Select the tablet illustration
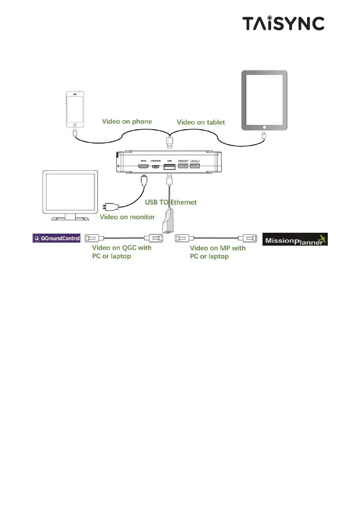point(264,100)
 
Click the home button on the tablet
point(264,127)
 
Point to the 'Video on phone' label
point(126,122)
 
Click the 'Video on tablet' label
point(201,122)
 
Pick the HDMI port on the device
point(143,167)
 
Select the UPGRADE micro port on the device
point(155,167)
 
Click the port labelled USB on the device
point(169,167)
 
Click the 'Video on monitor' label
point(127,217)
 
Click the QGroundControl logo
point(56,237)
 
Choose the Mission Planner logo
point(295,239)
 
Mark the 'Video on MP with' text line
point(218,248)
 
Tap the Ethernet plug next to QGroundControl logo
point(92,237)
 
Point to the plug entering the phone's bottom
point(75,132)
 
